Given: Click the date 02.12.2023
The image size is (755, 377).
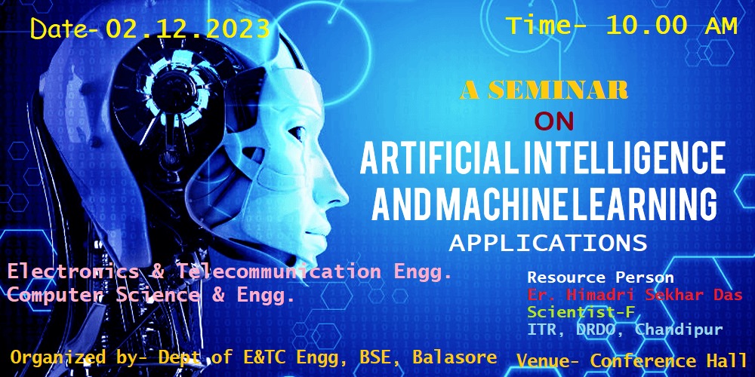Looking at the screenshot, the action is coord(187,29).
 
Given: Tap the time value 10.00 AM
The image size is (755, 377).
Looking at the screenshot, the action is coord(672,26).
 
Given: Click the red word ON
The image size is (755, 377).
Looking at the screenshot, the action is coord(554,121).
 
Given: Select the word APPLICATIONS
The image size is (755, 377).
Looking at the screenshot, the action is coord(548,244).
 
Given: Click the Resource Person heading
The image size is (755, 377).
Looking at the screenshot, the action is coord(600,277).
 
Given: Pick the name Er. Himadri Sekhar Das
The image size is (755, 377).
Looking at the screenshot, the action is coord(635,295).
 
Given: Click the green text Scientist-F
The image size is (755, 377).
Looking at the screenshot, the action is coord(580,312).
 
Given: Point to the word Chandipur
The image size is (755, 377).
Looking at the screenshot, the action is coord(679,330).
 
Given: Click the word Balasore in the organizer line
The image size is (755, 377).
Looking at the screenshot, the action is coord(455,357).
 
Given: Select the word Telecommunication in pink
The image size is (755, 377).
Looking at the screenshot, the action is coord(279,272).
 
